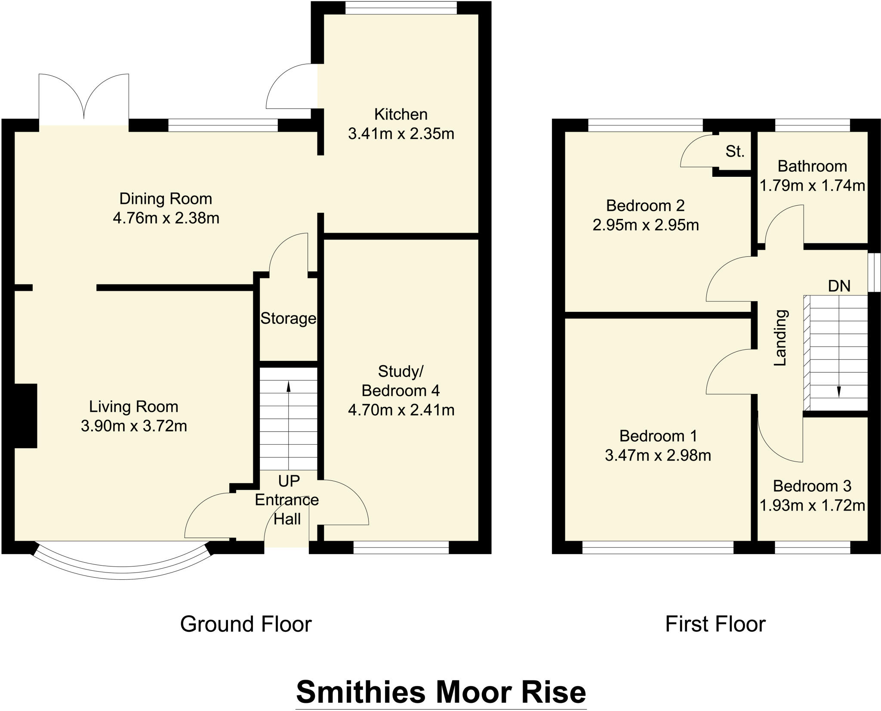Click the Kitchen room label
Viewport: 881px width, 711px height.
(400, 114)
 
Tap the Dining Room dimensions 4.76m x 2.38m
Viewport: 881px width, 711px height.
(166, 219)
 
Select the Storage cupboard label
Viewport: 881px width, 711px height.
(288, 318)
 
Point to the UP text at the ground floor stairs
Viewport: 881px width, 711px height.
(289, 481)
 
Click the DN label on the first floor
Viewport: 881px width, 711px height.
(839, 286)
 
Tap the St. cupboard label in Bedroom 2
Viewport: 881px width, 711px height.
(735, 151)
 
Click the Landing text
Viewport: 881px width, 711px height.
(780, 338)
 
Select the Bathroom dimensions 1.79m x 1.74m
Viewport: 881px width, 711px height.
(812, 186)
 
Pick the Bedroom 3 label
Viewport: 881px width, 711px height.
(812, 486)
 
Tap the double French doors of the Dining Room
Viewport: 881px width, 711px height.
(84, 99)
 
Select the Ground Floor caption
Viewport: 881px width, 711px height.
(246, 624)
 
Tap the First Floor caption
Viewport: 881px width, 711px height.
(715, 624)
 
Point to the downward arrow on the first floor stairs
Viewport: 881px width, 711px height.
(838, 391)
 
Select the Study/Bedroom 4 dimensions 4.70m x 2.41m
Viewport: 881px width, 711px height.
(400, 410)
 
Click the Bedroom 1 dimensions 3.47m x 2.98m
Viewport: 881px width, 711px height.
(657, 456)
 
